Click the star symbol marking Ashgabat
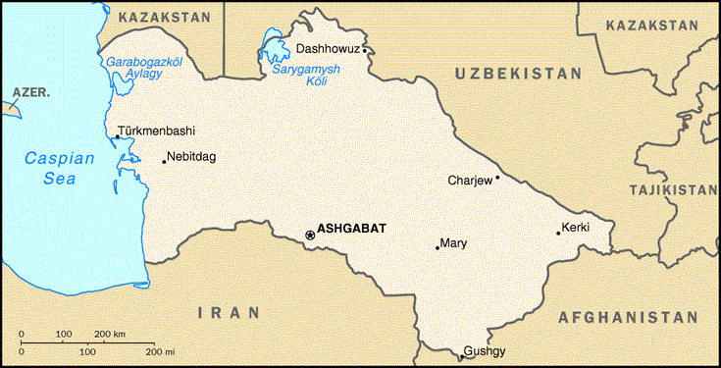click(310, 235)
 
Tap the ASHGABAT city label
click(352, 228)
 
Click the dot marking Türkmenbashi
click(117, 137)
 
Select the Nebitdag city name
click(193, 156)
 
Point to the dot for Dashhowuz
click(364, 49)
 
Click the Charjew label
click(469, 181)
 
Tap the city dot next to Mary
click(438, 247)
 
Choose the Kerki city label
click(576, 229)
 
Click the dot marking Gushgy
click(461, 352)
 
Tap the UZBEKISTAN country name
click(518, 74)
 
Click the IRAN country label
click(229, 313)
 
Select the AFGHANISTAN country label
click(628, 318)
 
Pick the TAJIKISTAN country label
click(674, 189)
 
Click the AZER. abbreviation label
click(28, 93)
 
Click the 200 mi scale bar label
click(161, 350)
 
